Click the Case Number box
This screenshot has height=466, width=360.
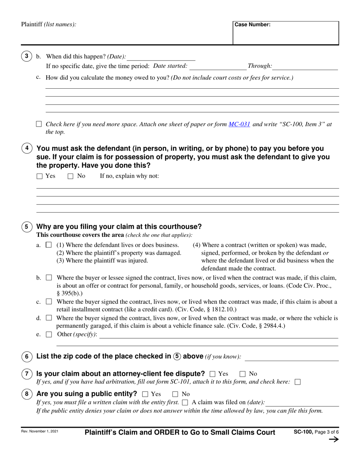[286, 33]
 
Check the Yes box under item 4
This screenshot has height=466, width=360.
[40, 176]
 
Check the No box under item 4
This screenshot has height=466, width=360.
[70, 176]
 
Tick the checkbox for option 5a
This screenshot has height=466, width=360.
[49, 245]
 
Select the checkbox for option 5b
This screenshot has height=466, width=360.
[49, 278]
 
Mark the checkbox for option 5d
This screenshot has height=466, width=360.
[49, 318]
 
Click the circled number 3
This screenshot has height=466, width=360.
[26, 56]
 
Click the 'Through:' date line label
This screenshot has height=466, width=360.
[260, 66]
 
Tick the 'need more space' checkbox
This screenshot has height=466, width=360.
[39, 124]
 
